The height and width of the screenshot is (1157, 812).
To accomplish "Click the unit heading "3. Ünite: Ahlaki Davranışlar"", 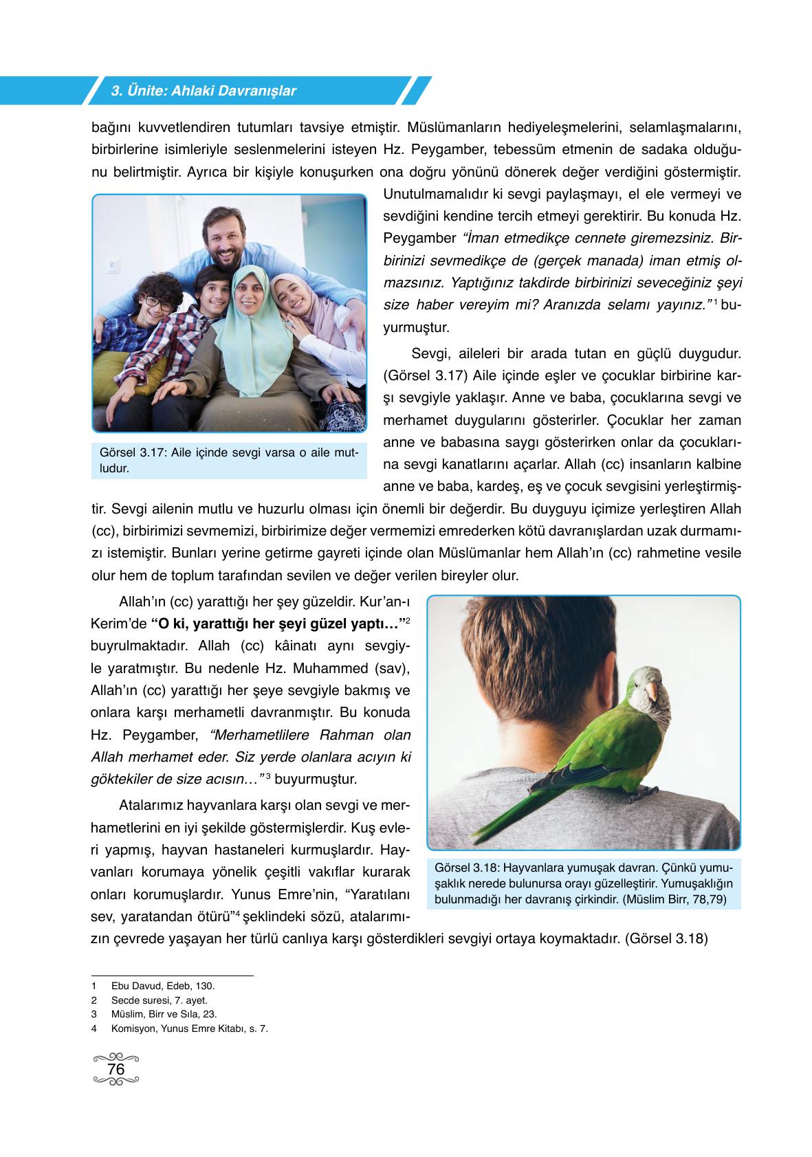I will coord(204,91).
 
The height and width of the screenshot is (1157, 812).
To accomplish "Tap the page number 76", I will coord(116,1070).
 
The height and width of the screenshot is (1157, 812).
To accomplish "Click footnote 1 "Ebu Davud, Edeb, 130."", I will coord(162,986).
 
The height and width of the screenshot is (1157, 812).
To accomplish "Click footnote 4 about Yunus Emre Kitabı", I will coord(188,1029).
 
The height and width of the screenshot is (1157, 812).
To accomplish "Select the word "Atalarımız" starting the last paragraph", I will coord(151,804).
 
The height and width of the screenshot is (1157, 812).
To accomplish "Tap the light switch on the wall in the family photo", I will coord(112,265).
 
